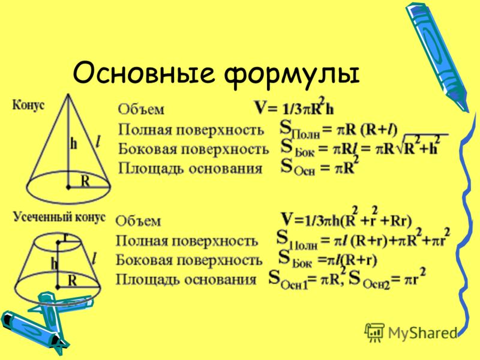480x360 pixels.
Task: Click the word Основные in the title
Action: [x=143, y=74]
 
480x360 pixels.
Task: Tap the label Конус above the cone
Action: [x=28, y=106]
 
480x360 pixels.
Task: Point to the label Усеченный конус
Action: [x=59, y=217]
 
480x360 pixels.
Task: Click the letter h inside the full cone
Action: [x=73, y=143]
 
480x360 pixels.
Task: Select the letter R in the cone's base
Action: [x=85, y=181]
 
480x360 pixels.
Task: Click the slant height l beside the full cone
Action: [x=98, y=142]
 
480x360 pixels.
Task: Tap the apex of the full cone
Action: [x=68, y=94]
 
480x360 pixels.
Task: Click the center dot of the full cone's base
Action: [x=68, y=187]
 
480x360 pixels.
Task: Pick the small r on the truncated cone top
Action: [x=65, y=236]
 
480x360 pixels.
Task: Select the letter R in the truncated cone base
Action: [x=72, y=280]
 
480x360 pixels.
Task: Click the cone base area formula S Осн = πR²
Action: [x=320, y=166]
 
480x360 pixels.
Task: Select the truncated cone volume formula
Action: [x=346, y=217]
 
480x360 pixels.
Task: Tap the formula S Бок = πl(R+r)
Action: [x=328, y=259]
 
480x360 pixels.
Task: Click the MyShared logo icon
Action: [x=374, y=332]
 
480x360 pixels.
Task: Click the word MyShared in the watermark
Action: [x=422, y=333]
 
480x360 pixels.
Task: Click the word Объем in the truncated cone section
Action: [x=138, y=221]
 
